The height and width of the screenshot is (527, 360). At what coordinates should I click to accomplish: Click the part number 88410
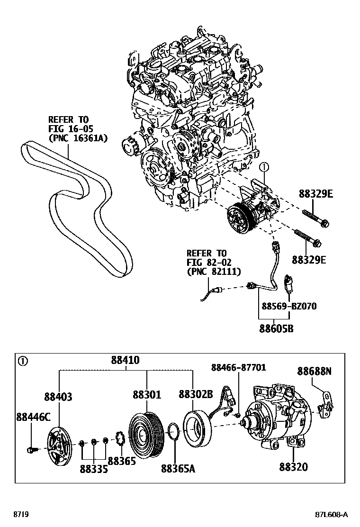pyautogui.click(x=125, y=360)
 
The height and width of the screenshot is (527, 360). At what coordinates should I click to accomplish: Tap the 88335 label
pyautogui.click(x=94, y=469)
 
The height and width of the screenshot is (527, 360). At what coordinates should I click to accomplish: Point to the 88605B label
pyautogui.click(x=276, y=327)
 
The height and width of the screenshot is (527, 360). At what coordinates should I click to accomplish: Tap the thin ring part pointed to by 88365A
pyautogui.click(x=173, y=433)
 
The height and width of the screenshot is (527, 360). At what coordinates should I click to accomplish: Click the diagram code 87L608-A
pyautogui.click(x=331, y=515)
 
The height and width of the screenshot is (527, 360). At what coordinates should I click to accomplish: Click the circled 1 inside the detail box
pyautogui.click(x=22, y=361)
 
